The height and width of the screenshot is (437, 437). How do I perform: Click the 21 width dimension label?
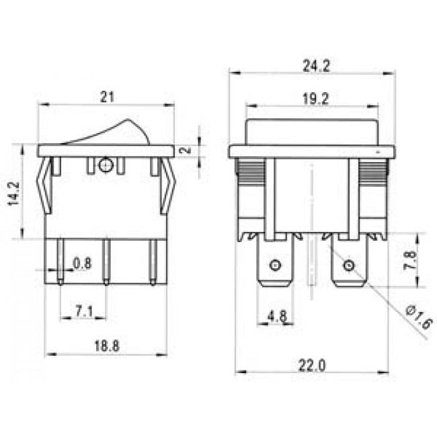106,96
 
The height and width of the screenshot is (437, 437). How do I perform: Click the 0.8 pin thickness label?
82,264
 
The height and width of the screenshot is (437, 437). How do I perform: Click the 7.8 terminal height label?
415,260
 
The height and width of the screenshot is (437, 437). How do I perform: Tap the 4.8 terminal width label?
277,313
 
